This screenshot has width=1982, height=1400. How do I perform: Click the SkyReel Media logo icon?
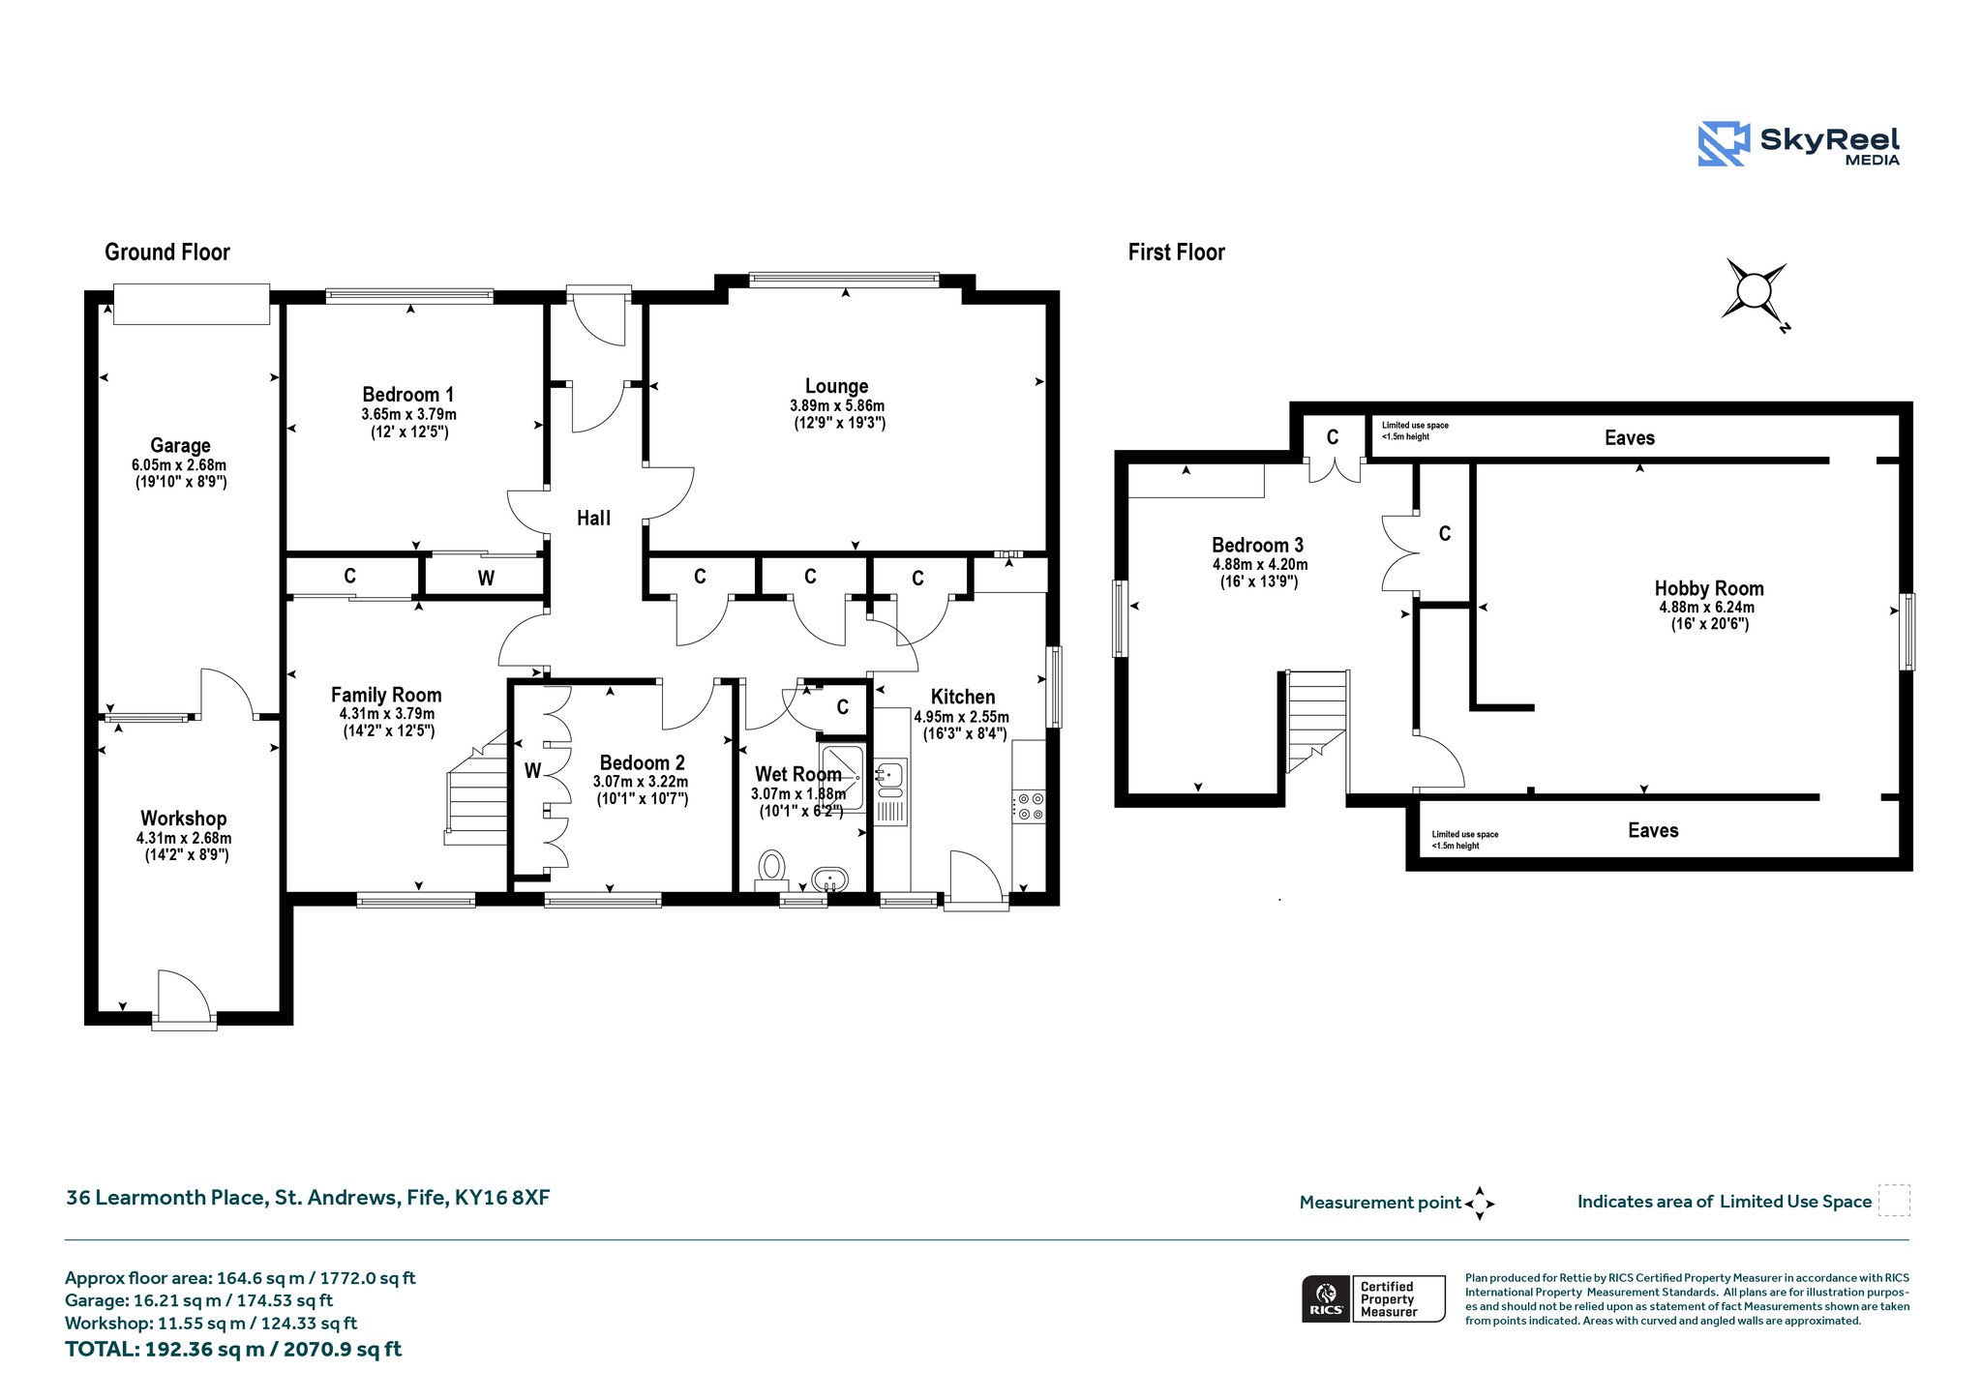(1724, 144)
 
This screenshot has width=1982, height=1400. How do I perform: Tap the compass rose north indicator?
(1754, 291)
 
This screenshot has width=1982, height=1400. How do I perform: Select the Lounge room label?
(837, 386)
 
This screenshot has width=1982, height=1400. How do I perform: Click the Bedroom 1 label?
(408, 395)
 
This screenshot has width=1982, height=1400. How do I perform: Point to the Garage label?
(180, 446)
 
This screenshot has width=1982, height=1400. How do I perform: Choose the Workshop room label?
(184, 819)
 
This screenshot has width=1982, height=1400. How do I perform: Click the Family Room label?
(386, 695)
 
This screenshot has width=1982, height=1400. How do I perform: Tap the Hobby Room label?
(1709, 588)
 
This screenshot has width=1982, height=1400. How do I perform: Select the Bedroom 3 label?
(1258, 545)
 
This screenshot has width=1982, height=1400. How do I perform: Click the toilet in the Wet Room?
(772, 868)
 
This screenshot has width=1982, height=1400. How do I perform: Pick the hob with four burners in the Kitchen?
(1029, 807)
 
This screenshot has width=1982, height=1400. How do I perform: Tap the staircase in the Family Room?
(477, 789)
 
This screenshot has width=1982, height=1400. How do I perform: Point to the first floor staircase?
(1316, 722)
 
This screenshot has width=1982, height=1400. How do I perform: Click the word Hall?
(594, 519)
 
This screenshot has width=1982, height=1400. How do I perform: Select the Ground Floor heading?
(167, 253)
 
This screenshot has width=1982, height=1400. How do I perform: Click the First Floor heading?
(1177, 253)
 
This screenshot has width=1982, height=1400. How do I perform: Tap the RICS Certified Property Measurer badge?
(1373, 1298)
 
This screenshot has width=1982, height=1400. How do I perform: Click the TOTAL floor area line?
(233, 1349)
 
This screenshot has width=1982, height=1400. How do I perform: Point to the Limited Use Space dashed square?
(1894, 1200)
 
